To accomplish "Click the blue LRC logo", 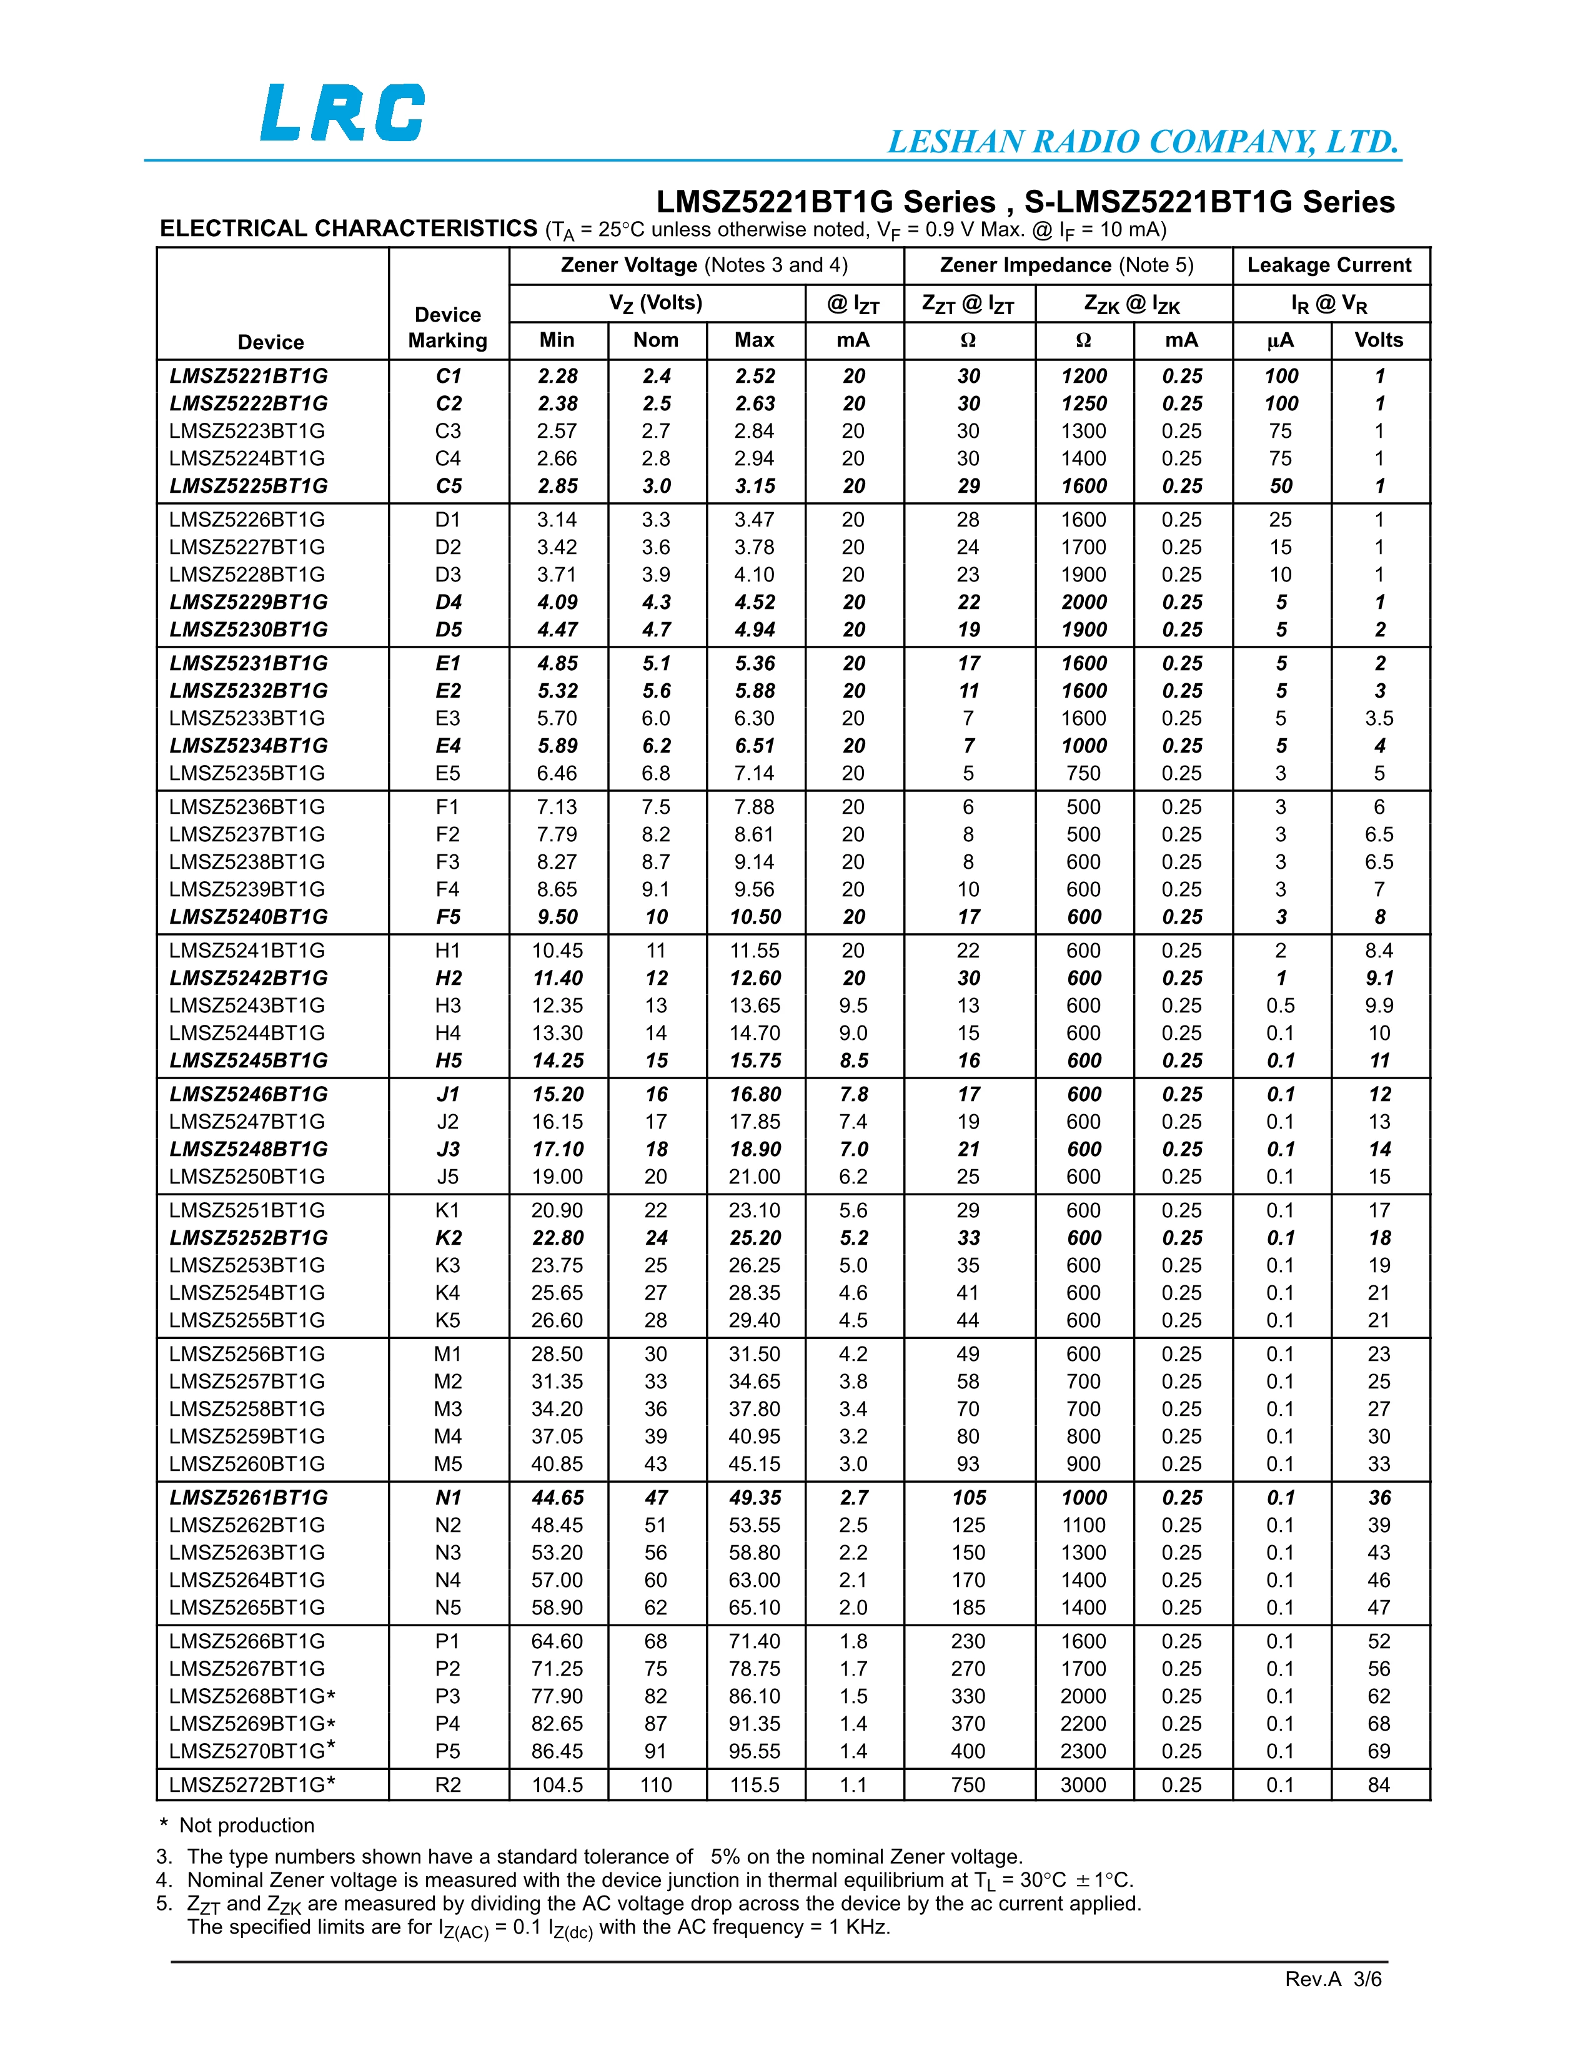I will [x=342, y=112].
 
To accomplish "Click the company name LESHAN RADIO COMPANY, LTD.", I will [x=1142, y=142].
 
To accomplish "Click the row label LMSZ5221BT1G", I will [x=248, y=375].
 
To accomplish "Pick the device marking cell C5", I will [x=449, y=486].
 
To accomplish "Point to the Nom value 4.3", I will [x=656, y=602].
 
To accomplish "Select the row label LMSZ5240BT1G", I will [x=248, y=916].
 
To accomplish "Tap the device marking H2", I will [x=449, y=977].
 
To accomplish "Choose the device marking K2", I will [x=449, y=1237].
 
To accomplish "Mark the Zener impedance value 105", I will [x=968, y=1498].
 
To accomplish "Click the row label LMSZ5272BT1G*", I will [x=252, y=1784].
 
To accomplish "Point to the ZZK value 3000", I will [x=1083, y=1784].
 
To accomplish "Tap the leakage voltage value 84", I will [x=1379, y=1784].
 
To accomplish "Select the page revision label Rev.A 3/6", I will [x=1332, y=1979].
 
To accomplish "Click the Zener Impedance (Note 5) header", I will [x=1066, y=265].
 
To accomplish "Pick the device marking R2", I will [x=449, y=1784].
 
